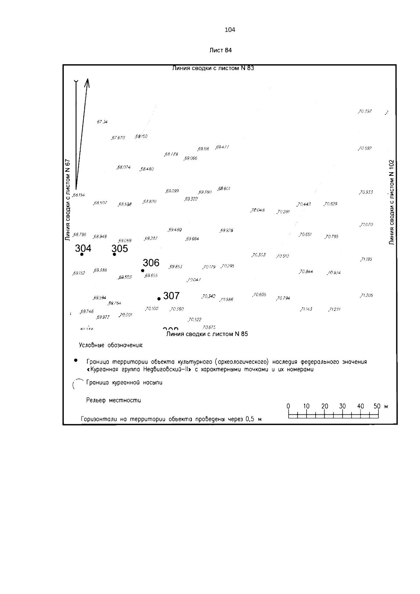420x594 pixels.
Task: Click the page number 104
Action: click(x=230, y=30)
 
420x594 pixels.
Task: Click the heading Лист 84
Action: click(x=220, y=50)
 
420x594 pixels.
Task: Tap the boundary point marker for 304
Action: click(x=82, y=254)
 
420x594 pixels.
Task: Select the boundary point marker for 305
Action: click(x=114, y=254)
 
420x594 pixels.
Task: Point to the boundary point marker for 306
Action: click(x=142, y=271)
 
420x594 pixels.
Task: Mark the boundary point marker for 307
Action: click(x=159, y=299)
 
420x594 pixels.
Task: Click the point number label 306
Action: click(x=151, y=263)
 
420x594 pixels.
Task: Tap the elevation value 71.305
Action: click(x=366, y=295)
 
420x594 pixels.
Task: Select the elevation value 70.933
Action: click(x=366, y=192)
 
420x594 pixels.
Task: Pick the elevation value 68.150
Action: click(x=141, y=136)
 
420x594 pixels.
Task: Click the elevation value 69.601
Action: click(x=224, y=189)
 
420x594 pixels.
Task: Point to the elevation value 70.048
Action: click(x=258, y=210)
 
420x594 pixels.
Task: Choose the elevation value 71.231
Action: click(x=335, y=309)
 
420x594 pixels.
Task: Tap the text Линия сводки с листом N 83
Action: click(x=213, y=68)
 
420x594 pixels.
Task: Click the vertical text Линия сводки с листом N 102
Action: click(x=392, y=202)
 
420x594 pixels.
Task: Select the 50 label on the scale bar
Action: click(x=377, y=406)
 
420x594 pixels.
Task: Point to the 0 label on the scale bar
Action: click(x=288, y=406)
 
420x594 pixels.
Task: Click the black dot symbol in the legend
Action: click(x=75, y=360)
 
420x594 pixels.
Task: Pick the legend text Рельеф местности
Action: click(x=113, y=400)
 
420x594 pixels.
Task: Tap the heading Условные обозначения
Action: click(x=111, y=345)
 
